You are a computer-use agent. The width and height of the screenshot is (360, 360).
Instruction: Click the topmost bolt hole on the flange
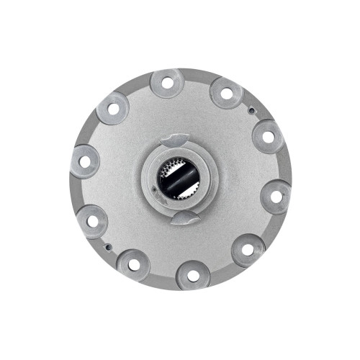[x=168, y=84]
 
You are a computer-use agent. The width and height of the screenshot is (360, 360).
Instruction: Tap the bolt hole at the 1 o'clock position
[x=226, y=93]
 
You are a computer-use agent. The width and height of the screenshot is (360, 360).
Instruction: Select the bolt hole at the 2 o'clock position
[x=267, y=136]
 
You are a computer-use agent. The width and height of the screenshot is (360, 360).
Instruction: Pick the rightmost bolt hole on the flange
[x=276, y=194]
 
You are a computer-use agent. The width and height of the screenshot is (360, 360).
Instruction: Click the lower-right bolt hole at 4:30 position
[x=248, y=251]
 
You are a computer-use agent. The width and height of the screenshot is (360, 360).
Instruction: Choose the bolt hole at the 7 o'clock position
[x=134, y=264]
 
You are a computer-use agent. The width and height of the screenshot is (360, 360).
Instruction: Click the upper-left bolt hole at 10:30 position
[x=112, y=109]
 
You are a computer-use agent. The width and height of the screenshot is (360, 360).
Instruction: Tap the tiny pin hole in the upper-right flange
[x=249, y=110]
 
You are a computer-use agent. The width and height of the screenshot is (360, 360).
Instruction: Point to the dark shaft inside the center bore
[x=182, y=179]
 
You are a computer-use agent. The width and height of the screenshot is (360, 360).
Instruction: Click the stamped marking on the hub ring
[x=160, y=203]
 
